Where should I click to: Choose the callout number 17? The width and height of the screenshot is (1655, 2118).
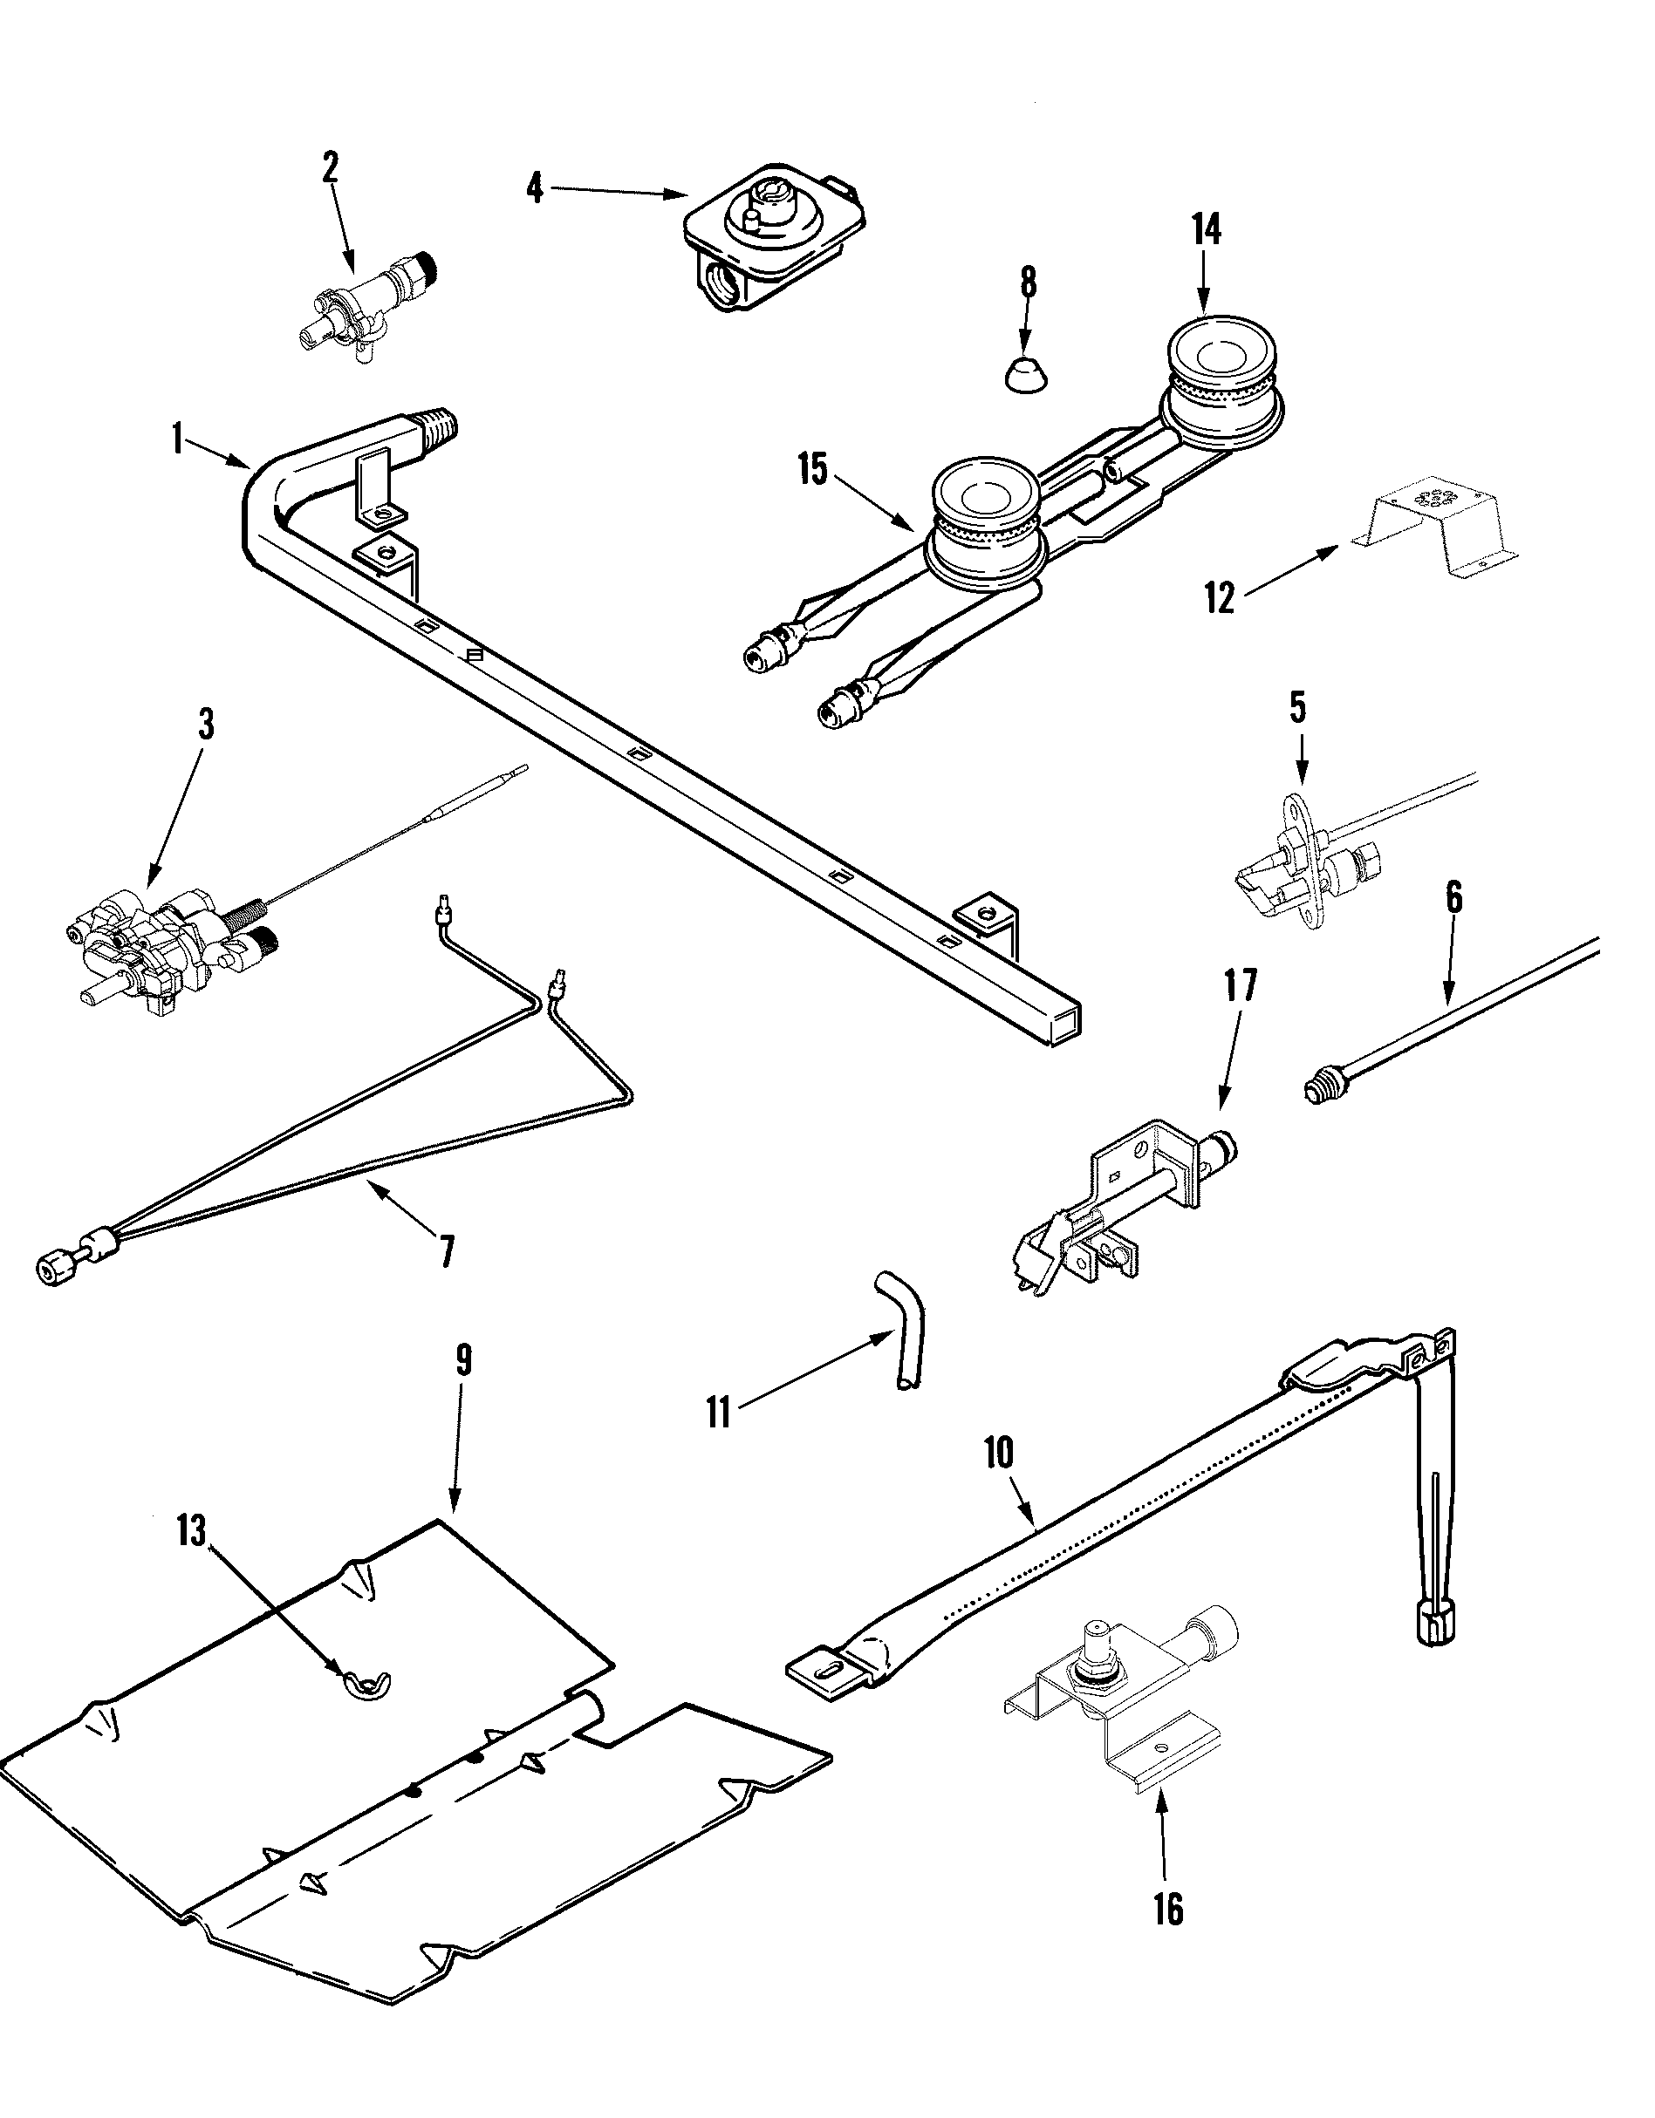click(x=1240, y=985)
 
